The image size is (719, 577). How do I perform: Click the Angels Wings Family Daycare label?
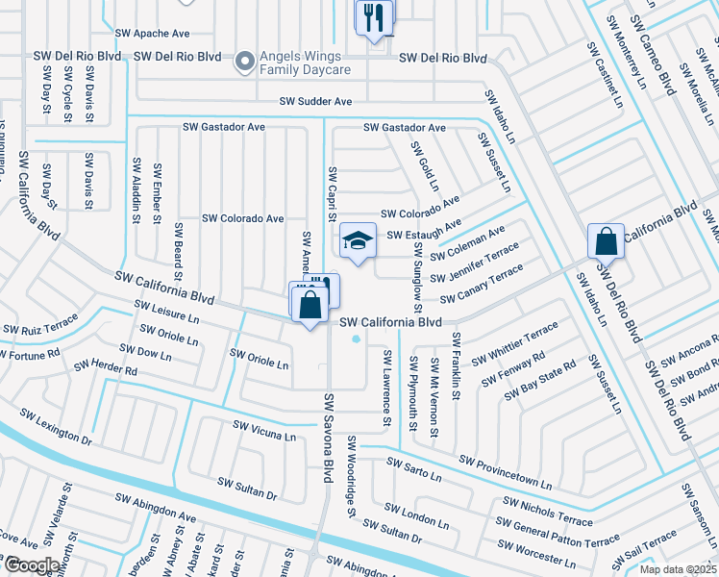pos(307,63)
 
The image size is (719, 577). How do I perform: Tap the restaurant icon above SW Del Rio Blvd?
pos(373,18)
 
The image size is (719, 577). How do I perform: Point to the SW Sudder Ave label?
pos(316,101)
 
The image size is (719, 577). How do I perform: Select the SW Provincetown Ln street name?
pos(506,471)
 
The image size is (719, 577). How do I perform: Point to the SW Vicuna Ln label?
pos(263,430)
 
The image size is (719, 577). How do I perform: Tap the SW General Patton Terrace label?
pos(566,533)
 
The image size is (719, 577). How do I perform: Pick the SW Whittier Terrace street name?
pos(516,343)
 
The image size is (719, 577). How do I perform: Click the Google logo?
pos(32,565)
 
